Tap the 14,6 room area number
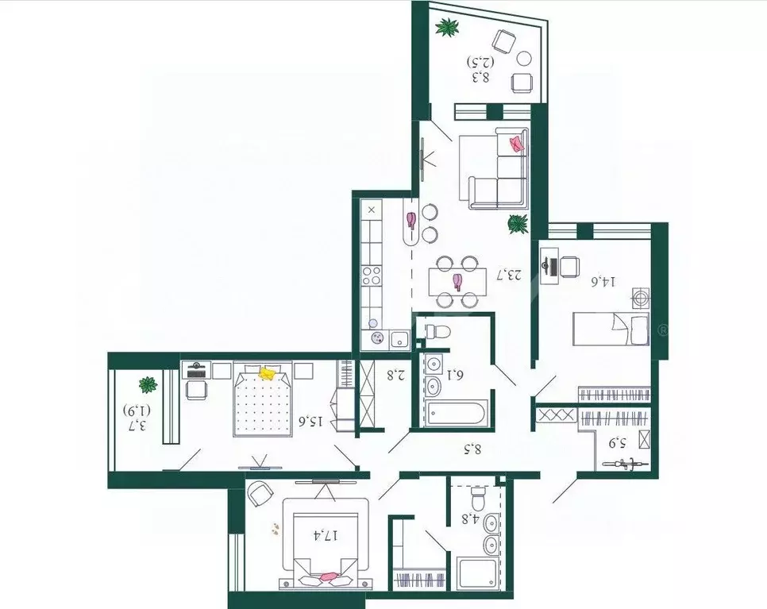(604, 282)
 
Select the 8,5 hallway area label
(472, 448)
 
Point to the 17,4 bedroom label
(326, 535)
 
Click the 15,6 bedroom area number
(310, 420)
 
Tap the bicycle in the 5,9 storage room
(626, 463)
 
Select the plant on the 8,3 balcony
(448, 27)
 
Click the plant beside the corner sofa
(518, 224)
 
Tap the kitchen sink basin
(400, 338)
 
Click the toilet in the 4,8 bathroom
(477, 498)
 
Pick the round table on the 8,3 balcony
(524, 58)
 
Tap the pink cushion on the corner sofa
(517, 144)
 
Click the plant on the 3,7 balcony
(148, 385)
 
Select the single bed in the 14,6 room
(611, 330)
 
